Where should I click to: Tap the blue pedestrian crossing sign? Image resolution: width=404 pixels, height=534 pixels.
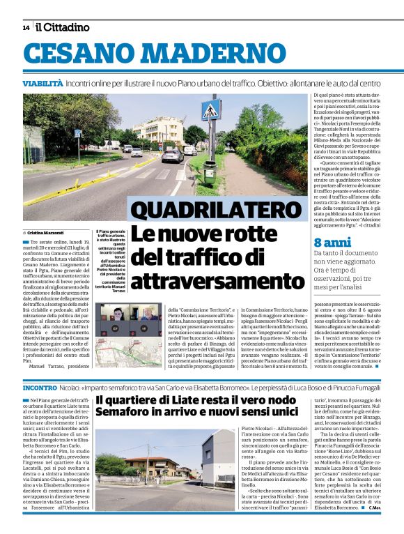point(208,111)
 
